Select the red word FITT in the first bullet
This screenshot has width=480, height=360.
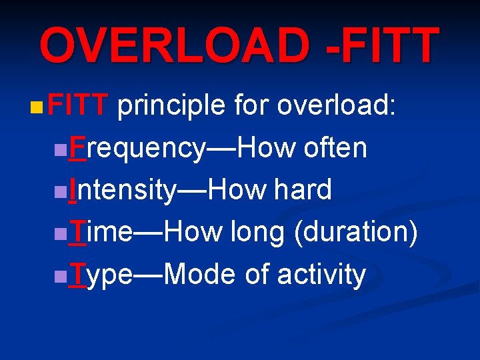coord(78,105)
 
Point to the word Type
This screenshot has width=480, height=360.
coord(103,275)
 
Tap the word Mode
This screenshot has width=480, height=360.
coord(200,274)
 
